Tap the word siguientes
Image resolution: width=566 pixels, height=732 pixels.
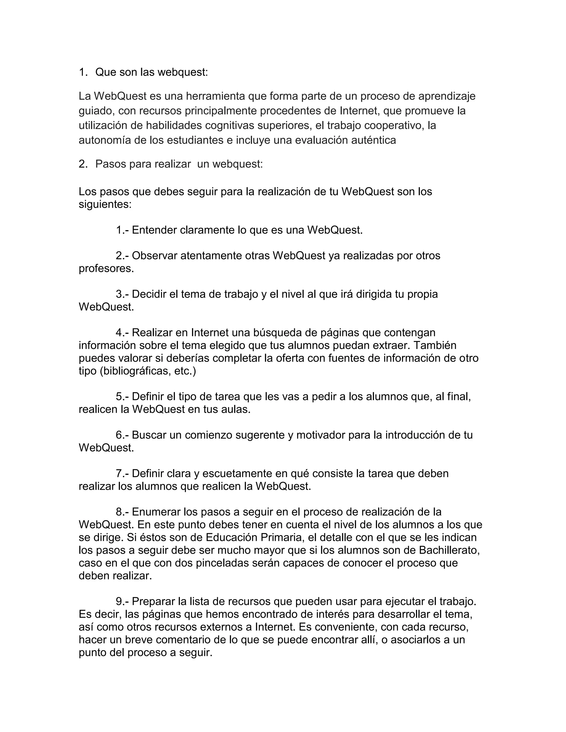click(105, 204)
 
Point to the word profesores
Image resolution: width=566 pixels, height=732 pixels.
click(106, 268)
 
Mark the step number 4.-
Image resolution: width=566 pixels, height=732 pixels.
click(122, 333)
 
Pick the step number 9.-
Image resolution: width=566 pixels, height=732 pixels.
click(122, 602)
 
